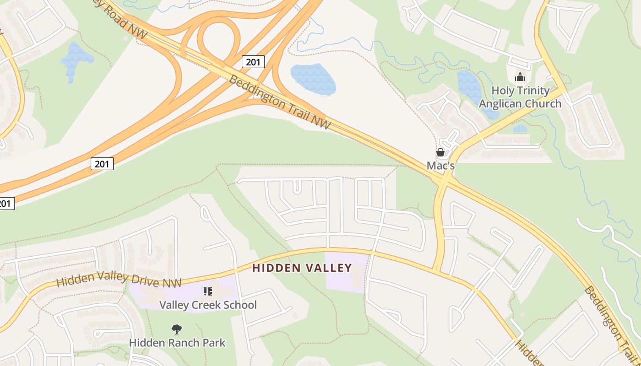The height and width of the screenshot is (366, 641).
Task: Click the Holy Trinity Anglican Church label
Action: coord(520,97)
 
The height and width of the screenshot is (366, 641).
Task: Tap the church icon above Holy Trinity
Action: coord(520,76)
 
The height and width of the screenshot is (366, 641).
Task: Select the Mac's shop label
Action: coord(440,166)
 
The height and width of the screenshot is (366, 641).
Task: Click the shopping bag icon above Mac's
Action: coord(440,152)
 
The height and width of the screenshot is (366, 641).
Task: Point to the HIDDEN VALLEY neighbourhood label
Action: coord(302,268)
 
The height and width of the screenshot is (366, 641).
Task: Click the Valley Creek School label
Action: coord(208,305)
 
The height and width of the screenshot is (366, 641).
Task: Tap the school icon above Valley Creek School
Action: coord(208,291)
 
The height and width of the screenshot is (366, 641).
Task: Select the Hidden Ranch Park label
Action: coord(177,342)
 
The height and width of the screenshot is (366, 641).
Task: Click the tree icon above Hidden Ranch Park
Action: coord(177,329)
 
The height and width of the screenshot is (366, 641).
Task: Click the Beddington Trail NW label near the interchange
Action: coord(279,102)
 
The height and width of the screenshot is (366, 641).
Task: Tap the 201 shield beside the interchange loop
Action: coord(253,62)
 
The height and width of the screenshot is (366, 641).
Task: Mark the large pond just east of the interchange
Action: coord(314,79)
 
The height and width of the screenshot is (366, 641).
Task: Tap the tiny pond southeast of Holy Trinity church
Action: coord(520,129)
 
